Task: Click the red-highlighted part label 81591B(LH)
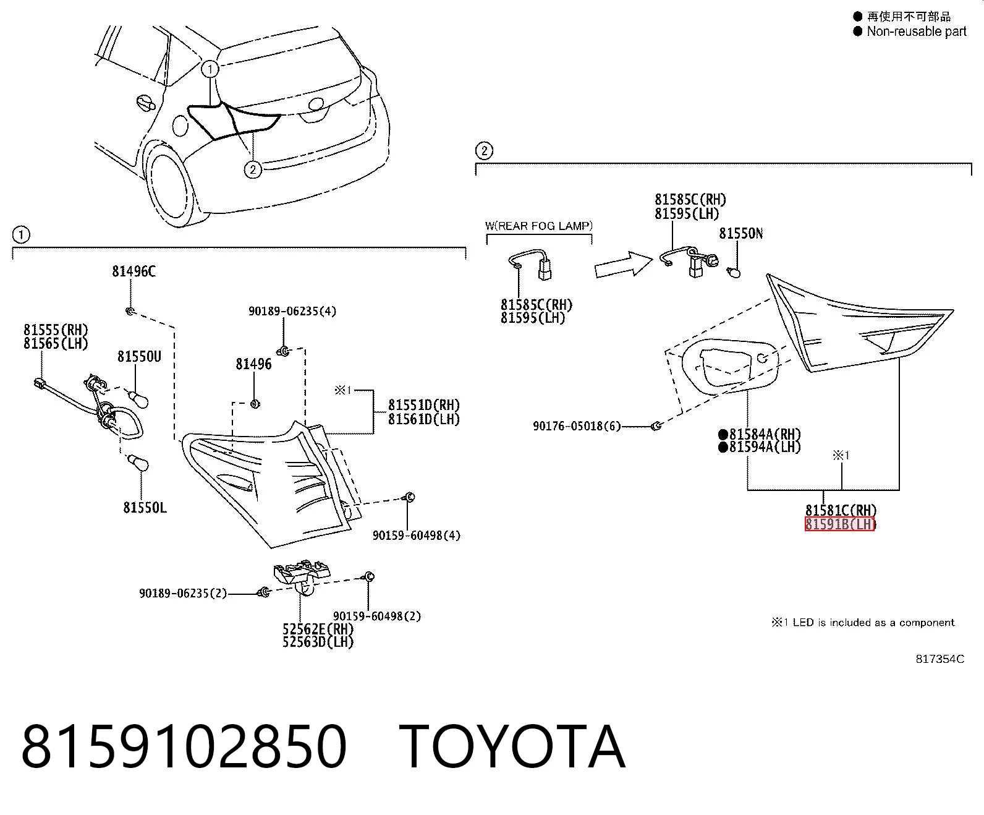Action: (x=840, y=524)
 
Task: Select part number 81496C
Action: (x=134, y=271)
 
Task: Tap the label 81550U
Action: (x=139, y=357)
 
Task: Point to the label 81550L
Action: (x=145, y=508)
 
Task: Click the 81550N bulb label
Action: (x=740, y=234)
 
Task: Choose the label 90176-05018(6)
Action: (x=576, y=426)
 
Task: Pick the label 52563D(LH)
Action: (x=318, y=641)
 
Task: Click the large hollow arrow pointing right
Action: (x=623, y=265)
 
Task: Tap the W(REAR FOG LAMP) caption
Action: (x=538, y=226)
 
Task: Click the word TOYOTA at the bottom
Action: (x=512, y=746)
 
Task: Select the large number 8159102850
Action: (x=184, y=746)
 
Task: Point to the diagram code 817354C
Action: (x=939, y=659)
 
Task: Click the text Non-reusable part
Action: (x=916, y=32)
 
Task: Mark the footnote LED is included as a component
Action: (x=873, y=623)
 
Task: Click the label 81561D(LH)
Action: (x=423, y=419)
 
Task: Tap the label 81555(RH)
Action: (x=56, y=330)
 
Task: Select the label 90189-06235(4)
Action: (x=292, y=311)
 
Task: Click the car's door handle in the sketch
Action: (x=146, y=103)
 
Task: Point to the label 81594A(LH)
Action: (x=760, y=446)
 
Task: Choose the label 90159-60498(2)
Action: (x=376, y=616)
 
